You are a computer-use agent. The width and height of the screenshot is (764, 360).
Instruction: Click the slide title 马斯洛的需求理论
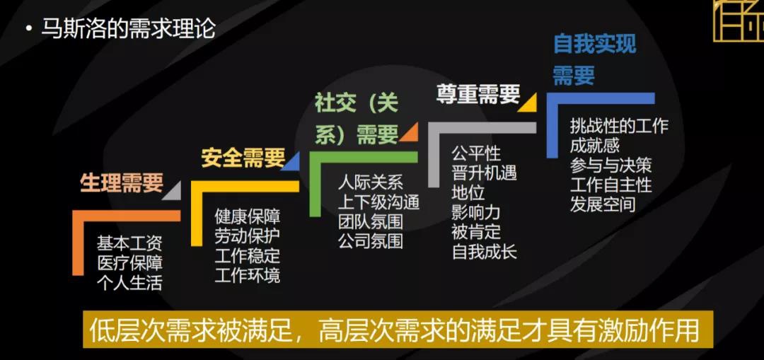[128, 30]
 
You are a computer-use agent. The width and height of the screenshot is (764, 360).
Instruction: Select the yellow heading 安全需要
[243, 157]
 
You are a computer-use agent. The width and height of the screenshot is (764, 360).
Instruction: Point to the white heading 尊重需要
[477, 95]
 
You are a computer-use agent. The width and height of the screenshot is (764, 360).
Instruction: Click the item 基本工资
[129, 244]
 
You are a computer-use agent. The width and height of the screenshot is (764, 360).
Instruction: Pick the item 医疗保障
[129, 264]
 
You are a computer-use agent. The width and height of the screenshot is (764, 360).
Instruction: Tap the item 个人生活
[129, 284]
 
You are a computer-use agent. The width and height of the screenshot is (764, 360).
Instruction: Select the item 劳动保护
[247, 236]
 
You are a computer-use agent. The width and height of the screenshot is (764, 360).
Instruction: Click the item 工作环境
[247, 274]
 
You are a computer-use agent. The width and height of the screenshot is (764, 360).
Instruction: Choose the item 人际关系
[370, 182]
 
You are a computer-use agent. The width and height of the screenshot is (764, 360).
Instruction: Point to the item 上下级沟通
[378, 202]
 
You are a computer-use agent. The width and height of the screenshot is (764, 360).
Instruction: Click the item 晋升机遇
[484, 173]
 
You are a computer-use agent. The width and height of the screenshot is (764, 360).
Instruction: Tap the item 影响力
[475, 211]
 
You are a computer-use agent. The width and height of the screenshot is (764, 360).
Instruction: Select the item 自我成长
[484, 251]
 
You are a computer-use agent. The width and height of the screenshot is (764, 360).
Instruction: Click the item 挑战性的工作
[619, 127]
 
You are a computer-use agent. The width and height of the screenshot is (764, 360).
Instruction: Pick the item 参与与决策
[610, 166]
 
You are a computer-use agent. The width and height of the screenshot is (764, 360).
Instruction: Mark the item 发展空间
[602, 204]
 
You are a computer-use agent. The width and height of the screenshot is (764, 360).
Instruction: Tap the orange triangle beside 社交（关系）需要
[408, 132]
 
